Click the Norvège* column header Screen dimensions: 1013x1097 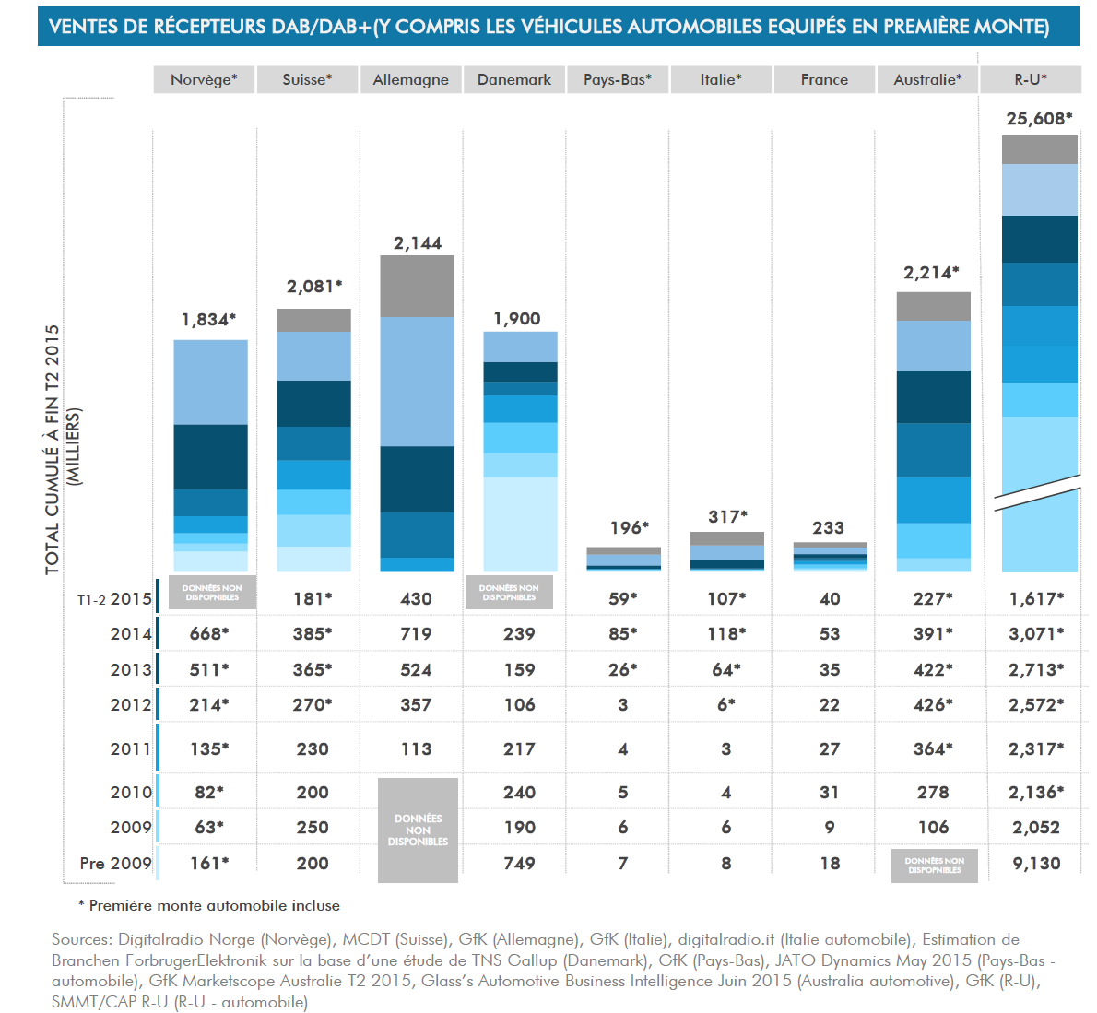coord(204,79)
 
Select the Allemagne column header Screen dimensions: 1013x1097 coord(410,79)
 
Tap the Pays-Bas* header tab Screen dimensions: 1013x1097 coord(617,79)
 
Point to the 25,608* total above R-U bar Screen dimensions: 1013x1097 coord(1039,118)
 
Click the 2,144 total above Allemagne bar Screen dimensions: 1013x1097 coord(418,243)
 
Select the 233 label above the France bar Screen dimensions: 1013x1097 coord(828,528)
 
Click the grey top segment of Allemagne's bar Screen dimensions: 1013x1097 coord(418,286)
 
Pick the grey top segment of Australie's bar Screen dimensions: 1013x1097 coord(933,306)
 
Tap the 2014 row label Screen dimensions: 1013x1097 coord(130,634)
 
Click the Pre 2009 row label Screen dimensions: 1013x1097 coord(115,864)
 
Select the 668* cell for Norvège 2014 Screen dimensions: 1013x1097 coord(209,634)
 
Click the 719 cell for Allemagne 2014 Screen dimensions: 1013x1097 coord(416,634)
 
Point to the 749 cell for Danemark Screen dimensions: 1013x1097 coord(519,864)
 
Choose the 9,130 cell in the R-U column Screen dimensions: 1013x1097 coord(1036,864)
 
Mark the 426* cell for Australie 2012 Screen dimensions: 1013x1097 coord(933,705)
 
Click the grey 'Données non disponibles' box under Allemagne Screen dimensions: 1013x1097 coord(418,830)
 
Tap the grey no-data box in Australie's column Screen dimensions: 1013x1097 coord(934,866)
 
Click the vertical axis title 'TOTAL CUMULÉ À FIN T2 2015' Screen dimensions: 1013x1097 coord(53,449)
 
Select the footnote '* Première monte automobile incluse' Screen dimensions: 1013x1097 coord(209,906)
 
